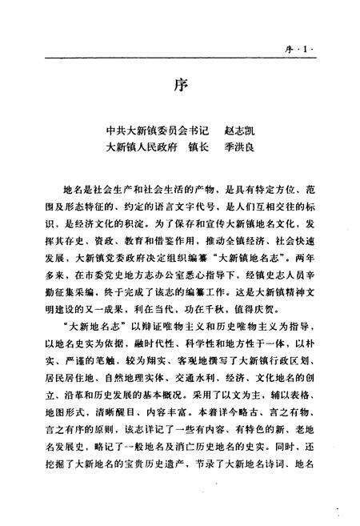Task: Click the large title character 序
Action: click(181, 86)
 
